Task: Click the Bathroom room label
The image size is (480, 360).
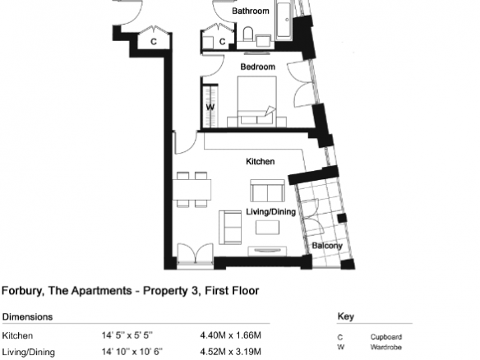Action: (251, 11)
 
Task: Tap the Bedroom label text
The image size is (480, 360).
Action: (258, 67)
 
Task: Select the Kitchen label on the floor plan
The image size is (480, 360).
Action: (261, 161)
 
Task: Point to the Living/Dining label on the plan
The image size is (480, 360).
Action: (271, 212)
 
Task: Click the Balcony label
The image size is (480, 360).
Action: (327, 246)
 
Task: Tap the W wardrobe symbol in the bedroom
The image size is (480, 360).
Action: (210, 107)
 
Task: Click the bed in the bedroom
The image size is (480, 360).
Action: (257, 102)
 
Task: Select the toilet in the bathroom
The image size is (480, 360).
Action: (248, 35)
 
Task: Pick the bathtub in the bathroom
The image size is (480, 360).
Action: (284, 20)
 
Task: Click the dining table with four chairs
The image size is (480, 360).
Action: (192, 190)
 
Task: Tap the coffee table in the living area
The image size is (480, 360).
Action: (267, 228)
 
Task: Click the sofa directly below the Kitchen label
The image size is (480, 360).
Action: (268, 191)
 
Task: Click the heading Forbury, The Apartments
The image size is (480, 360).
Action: (67, 290)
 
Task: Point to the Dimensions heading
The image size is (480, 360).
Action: (27, 316)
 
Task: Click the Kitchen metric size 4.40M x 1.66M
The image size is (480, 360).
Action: (230, 335)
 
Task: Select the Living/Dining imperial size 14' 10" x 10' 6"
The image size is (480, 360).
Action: (132, 352)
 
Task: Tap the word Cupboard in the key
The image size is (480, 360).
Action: (386, 337)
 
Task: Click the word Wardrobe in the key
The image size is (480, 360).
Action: (385, 347)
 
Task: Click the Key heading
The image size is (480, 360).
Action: (345, 316)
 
